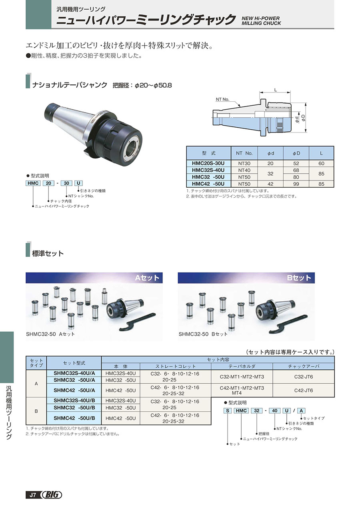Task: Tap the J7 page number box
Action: point(32,495)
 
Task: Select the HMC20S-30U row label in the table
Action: point(208,163)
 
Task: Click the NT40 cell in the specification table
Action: point(244,170)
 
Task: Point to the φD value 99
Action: point(296,184)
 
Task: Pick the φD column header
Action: point(296,153)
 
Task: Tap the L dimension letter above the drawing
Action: point(276,90)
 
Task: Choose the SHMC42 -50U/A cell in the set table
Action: point(74,390)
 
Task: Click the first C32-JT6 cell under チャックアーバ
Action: point(303,377)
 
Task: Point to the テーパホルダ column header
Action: point(242,366)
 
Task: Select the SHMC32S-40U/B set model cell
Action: point(74,401)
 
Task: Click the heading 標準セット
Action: point(48,253)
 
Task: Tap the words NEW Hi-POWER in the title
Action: point(261,18)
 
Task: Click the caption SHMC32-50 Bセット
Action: point(203,334)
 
